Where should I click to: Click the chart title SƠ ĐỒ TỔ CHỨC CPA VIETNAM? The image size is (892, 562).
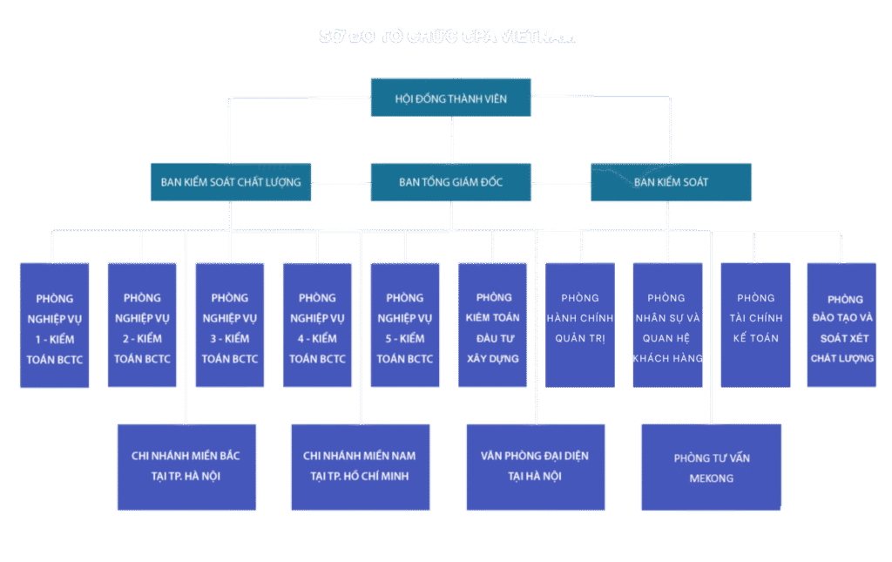pos(447,37)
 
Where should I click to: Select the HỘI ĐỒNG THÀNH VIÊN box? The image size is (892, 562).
pos(450,98)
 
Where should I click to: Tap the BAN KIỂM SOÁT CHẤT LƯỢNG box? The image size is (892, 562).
pos(231,182)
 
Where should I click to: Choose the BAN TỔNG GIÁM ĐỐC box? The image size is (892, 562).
pos(450,182)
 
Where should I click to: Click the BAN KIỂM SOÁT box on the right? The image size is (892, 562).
pos(671,182)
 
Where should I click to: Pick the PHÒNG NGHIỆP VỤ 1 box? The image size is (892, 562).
pos(55,325)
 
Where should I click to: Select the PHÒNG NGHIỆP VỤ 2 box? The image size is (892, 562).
pos(142,325)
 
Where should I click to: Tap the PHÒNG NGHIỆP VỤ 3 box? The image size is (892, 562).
pos(230,325)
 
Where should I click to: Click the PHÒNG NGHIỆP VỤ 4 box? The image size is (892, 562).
pos(317,325)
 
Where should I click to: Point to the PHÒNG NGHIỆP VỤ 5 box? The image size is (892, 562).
pos(405,325)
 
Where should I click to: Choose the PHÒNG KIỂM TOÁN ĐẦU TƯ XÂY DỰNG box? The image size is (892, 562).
pos(492,325)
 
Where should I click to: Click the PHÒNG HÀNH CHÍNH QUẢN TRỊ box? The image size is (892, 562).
pos(580,325)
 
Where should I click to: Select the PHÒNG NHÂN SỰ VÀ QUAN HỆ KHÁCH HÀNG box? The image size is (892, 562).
pos(667,325)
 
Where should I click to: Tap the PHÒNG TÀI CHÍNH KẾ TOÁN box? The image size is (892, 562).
pos(755,325)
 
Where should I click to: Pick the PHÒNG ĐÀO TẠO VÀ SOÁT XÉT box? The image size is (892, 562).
pos(841,325)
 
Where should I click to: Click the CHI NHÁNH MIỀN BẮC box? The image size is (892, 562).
pos(186,467)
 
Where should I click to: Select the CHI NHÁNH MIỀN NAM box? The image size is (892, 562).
pos(360,467)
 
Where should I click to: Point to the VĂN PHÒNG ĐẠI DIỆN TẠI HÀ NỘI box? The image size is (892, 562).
pos(535,467)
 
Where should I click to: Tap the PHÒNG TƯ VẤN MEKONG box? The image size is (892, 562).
pos(711,467)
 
